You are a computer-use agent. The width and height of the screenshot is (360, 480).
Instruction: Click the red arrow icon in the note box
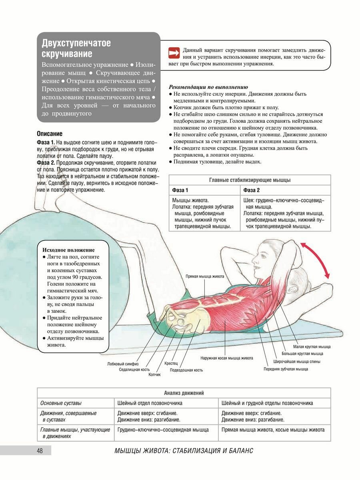[174, 52]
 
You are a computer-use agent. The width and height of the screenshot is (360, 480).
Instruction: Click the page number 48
[40, 451]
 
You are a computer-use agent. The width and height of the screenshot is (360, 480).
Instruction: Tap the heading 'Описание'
[50, 134]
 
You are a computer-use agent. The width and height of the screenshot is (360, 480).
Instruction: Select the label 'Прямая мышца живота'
[205, 276]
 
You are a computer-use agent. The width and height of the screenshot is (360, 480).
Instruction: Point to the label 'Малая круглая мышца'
[312, 346]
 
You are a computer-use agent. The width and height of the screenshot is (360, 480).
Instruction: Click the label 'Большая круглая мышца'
[302, 354]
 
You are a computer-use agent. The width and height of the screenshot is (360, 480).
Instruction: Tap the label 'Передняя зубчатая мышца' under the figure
[285, 369]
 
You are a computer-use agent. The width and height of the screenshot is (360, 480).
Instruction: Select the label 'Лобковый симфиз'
[123, 364]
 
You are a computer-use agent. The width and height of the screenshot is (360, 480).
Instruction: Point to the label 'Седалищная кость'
[134, 370]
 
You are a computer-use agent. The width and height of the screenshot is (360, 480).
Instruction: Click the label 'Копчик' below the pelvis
[154, 375]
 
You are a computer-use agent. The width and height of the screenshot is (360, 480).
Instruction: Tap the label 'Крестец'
[171, 364]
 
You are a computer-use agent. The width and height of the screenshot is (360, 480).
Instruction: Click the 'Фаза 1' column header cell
[180, 190]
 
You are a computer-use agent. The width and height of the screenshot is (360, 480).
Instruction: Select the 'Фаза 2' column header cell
[252, 190]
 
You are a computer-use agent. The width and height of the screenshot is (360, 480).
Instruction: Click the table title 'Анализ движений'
[184, 393]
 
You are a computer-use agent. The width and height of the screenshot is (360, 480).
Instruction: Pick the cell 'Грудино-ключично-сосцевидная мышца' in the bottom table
[163, 430]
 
